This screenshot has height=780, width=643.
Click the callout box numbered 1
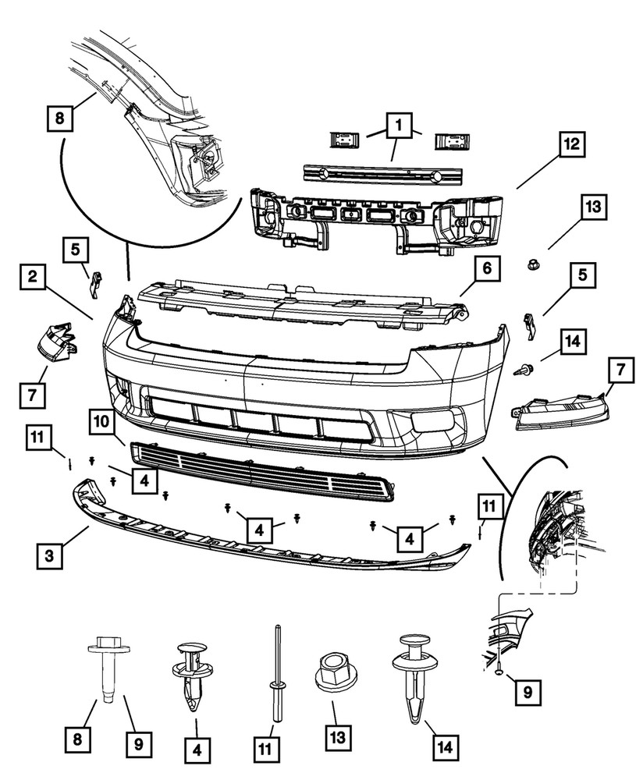[x=398, y=125]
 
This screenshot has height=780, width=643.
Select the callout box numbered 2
[x=33, y=277]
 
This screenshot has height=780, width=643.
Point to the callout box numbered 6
[x=485, y=269]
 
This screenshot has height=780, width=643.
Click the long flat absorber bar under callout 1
[x=382, y=173]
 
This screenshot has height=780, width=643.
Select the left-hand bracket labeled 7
[x=56, y=343]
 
